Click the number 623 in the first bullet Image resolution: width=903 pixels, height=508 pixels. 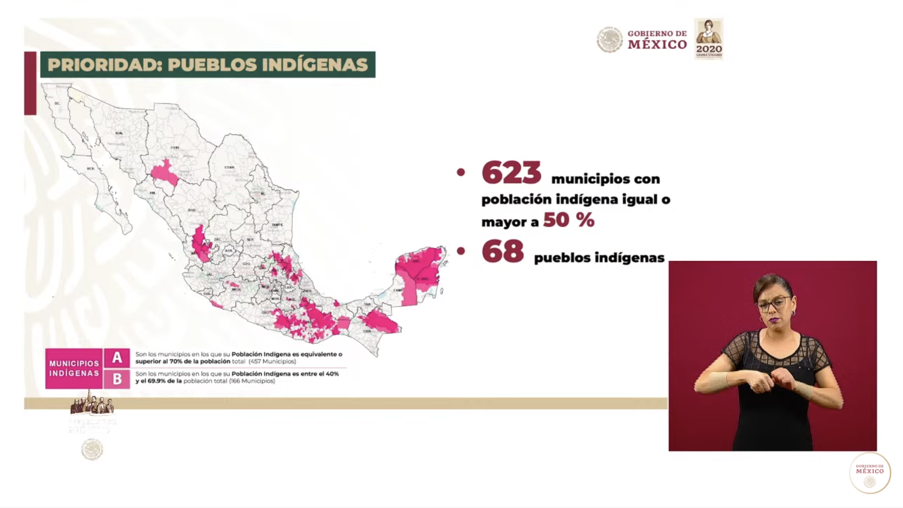[x=511, y=173]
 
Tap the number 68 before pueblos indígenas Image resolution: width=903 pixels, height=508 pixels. [x=502, y=252]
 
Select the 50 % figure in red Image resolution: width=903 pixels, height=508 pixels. [x=568, y=220]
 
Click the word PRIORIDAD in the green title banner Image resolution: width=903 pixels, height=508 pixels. [x=104, y=65]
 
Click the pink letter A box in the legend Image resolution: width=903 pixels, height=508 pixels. [x=117, y=358]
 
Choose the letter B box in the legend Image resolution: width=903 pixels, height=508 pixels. [x=117, y=379]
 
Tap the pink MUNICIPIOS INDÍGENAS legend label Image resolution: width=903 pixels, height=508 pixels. [x=74, y=369]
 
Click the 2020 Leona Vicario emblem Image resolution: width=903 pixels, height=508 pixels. [x=709, y=39]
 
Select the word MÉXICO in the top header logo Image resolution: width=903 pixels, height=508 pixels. [x=657, y=45]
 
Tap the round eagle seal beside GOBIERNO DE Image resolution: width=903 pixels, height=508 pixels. [x=610, y=40]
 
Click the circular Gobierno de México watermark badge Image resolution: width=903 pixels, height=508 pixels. [x=870, y=472]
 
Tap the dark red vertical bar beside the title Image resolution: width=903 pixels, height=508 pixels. [x=30, y=83]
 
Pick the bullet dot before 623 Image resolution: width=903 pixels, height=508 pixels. [x=461, y=172]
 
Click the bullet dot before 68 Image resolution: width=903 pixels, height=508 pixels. [x=461, y=251]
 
